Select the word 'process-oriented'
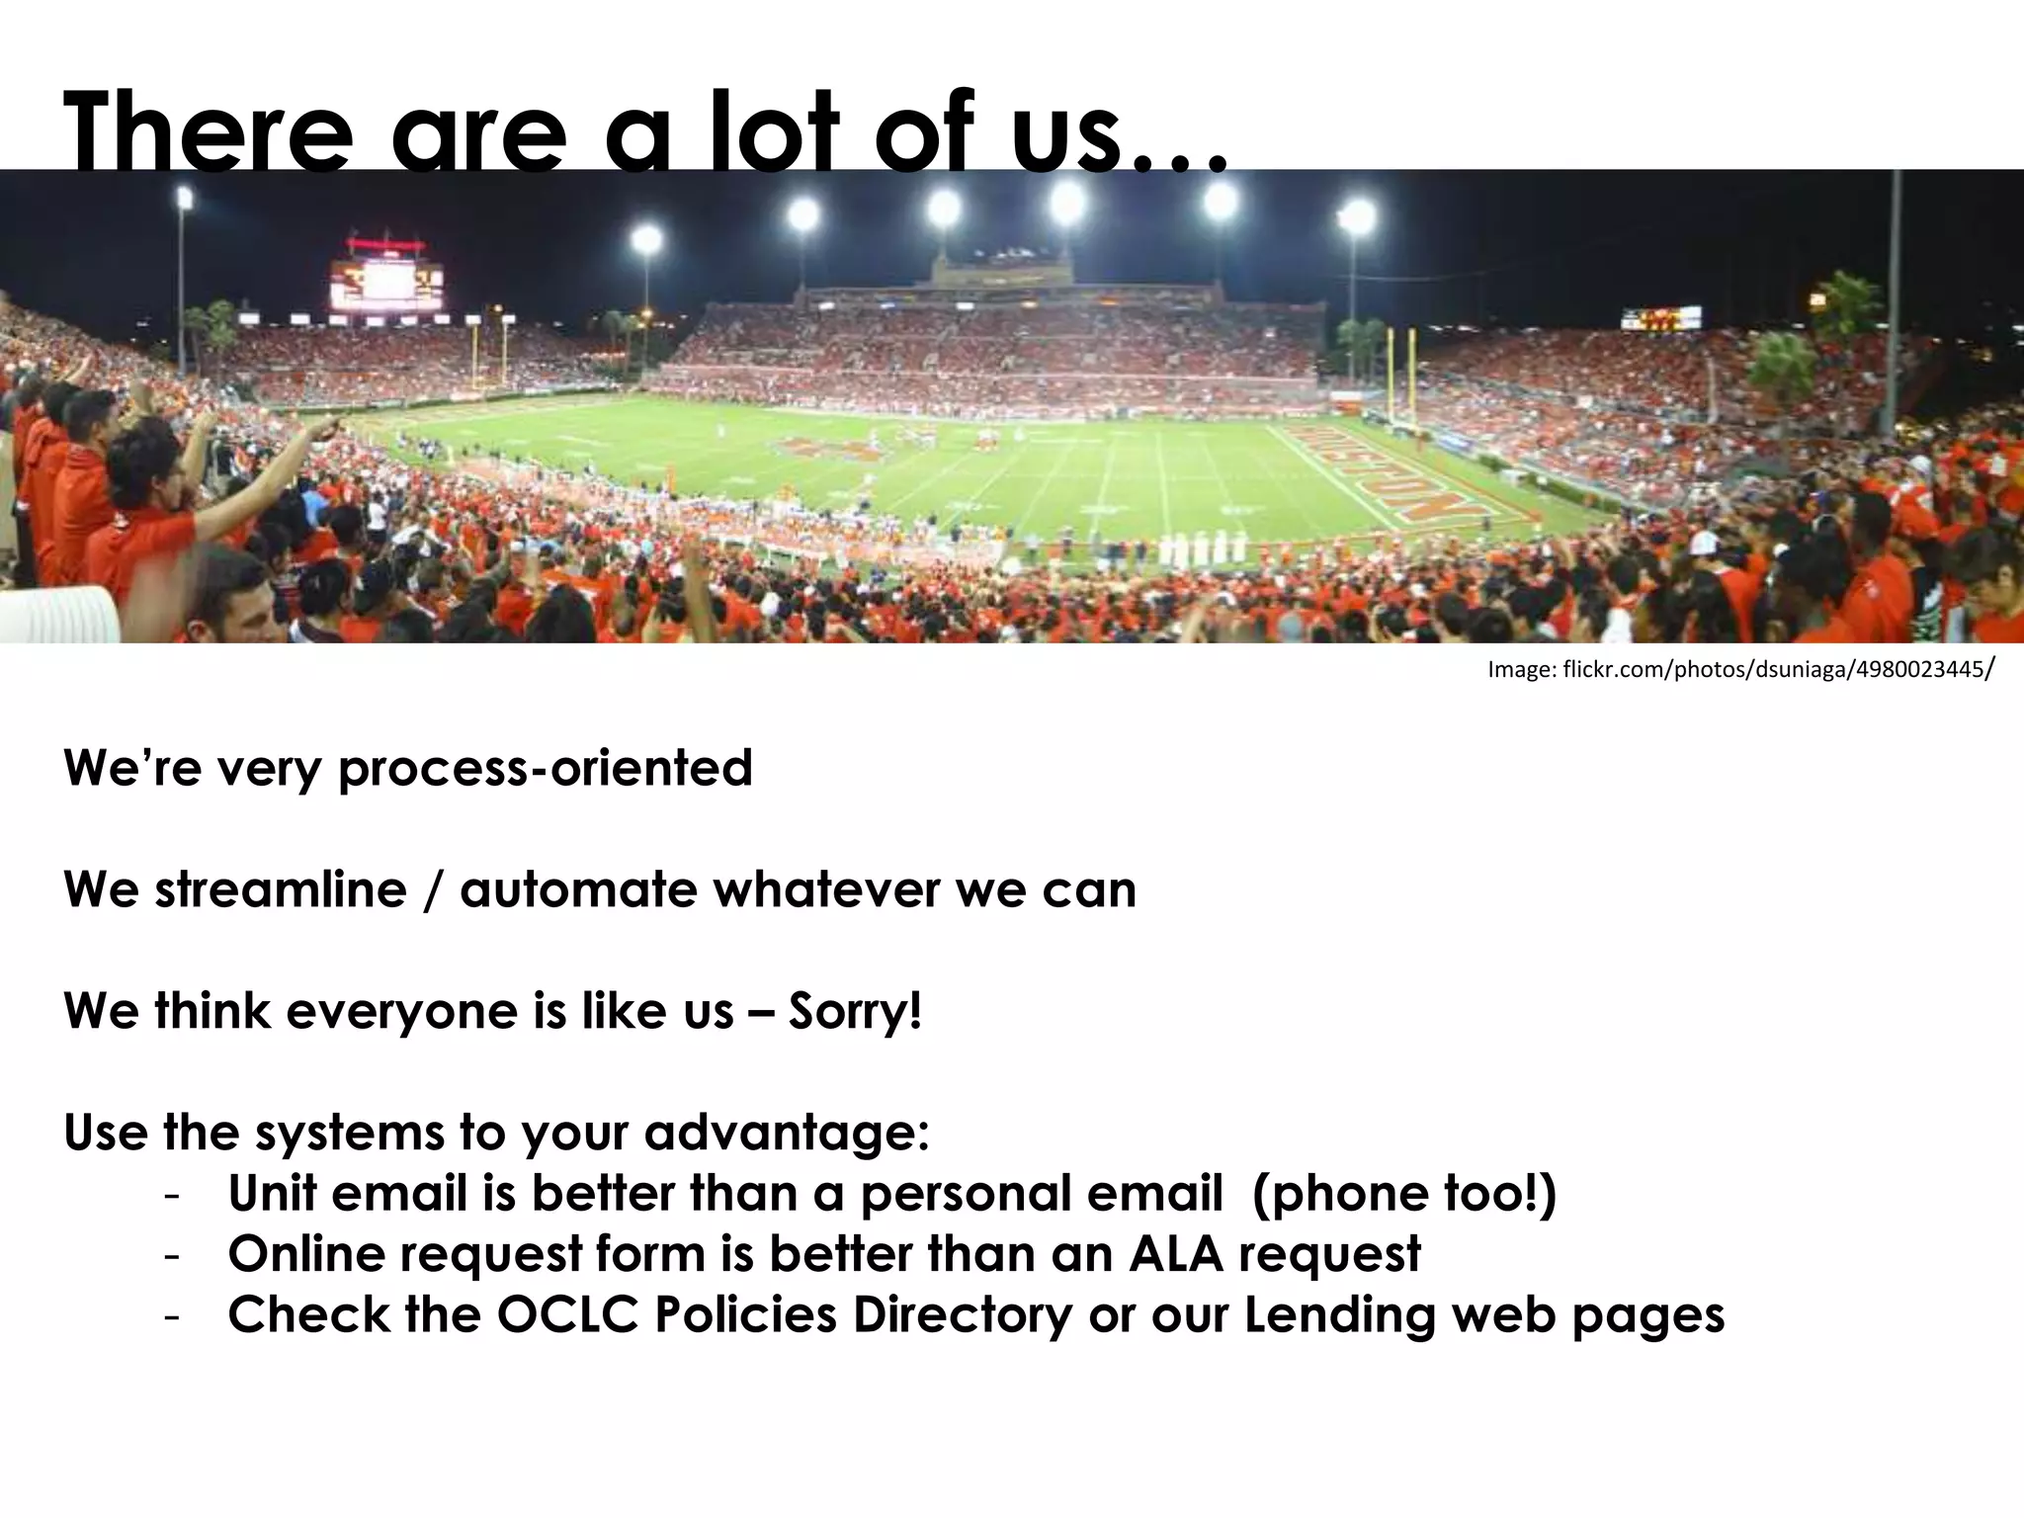546,769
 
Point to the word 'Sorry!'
855,1011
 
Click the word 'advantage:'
787,1133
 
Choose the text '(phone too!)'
1403,1193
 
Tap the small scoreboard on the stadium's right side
1660,318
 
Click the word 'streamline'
280,889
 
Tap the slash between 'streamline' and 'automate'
433,889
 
